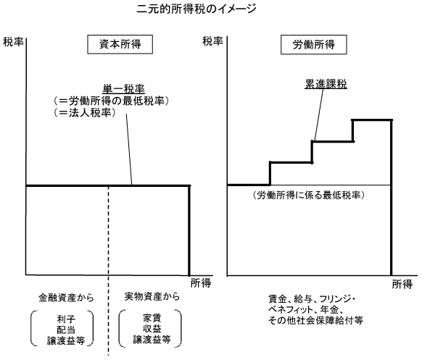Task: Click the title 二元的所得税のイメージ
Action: click(x=196, y=9)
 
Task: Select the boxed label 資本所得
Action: click(x=120, y=44)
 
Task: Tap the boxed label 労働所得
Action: click(x=314, y=45)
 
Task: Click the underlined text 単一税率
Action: click(x=123, y=89)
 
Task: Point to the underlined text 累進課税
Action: click(x=326, y=84)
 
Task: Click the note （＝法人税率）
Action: click(x=85, y=113)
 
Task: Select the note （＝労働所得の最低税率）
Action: click(x=111, y=101)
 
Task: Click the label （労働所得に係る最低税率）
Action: click(x=309, y=195)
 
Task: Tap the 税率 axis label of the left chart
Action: click(x=13, y=42)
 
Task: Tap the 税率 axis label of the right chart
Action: click(x=212, y=41)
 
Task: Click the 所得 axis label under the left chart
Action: click(x=201, y=283)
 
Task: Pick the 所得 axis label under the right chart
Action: click(x=402, y=284)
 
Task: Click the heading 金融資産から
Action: click(x=66, y=298)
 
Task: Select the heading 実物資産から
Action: click(x=152, y=296)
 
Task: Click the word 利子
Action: click(x=66, y=319)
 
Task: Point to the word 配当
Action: click(x=66, y=330)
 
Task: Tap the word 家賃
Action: click(x=152, y=318)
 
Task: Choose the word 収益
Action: click(x=152, y=329)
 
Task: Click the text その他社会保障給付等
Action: click(x=315, y=320)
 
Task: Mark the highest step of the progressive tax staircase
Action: click(x=372, y=120)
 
